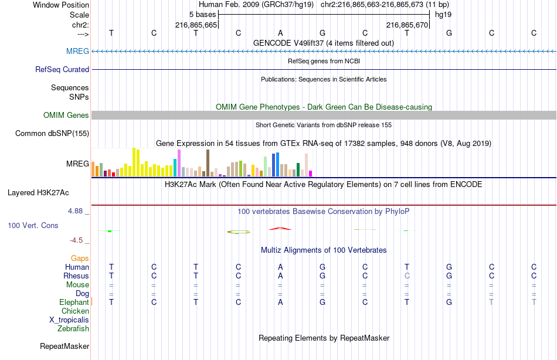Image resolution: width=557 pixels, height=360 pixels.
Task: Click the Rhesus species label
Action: [x=76, y=276]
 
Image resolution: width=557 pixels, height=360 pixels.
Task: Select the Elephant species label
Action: [x=74, y=303]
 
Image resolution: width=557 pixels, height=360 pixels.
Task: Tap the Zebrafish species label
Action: [x=73, y=329]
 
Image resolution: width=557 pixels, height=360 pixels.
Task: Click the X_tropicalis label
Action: [x=69, y=320]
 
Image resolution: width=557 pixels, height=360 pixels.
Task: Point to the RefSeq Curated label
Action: [x=62, y=70]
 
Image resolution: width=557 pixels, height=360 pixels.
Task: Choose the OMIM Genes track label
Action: [x=66, y=116]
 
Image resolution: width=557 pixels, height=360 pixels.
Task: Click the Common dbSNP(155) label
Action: [x=52, y=134]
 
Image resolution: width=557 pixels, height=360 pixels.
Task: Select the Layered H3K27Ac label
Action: [x=38, y=192]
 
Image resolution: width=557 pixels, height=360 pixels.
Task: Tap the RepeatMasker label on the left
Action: [x=64, y=347]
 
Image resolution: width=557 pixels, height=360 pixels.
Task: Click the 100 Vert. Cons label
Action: [x=33, y=226]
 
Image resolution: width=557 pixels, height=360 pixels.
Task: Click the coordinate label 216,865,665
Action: [x=196, y=25]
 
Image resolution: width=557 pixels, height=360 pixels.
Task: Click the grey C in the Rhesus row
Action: [x=407, y=276]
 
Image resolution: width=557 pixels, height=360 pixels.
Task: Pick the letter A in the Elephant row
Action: [x=280, y=303]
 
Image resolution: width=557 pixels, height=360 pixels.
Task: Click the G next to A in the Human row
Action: [x=322, y=267]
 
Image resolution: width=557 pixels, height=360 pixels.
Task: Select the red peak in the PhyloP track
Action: [x=280, y=228]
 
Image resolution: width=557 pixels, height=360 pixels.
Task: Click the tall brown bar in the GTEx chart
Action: [x=208, y=162]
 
